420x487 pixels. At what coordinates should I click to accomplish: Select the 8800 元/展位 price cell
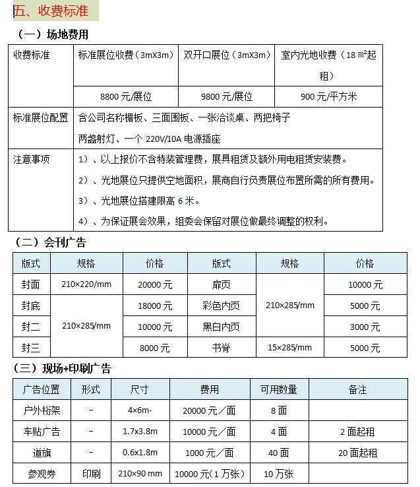click(126, 96)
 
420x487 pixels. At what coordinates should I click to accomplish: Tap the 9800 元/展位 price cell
click(227, 96)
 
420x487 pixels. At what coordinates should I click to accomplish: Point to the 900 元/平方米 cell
click(328, 96)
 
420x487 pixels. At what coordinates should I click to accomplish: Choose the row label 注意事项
click(32, 159)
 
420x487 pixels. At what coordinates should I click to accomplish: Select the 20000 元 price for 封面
click(155, 285)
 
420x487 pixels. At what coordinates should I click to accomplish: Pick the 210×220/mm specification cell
click(86, 285)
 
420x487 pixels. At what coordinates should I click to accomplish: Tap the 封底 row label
click(31, 306)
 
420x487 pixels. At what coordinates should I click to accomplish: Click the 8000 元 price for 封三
click(155, 347)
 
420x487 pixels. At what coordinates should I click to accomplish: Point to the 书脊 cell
click(221, 347)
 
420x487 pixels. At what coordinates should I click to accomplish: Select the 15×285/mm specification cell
click(289, 347)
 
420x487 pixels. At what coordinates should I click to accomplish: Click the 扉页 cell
click(221, 285)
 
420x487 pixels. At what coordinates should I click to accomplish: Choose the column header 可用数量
click(278, 389)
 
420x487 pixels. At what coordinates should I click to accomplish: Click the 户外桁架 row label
click(42, 410)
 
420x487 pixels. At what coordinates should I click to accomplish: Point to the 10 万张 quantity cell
click(278, 474)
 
